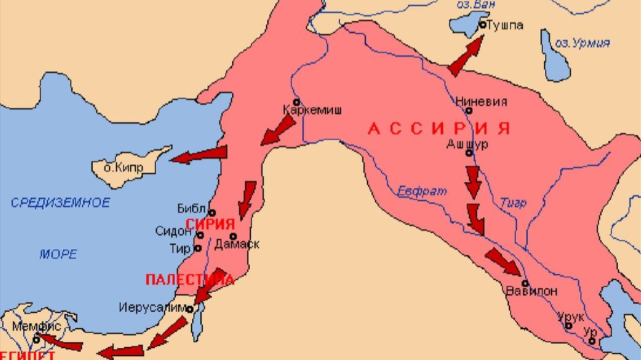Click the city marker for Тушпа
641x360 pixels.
483,24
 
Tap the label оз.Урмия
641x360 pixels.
583,43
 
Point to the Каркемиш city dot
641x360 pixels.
297,101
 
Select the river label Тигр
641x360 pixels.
513,203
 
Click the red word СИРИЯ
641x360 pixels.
210,224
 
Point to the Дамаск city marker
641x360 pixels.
233,236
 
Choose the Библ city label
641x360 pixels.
191,208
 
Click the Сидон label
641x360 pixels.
173,231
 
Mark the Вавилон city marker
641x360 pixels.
525,282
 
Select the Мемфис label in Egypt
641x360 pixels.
36,326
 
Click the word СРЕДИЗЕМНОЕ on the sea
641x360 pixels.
60,203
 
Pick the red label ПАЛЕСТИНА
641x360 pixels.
190,279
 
